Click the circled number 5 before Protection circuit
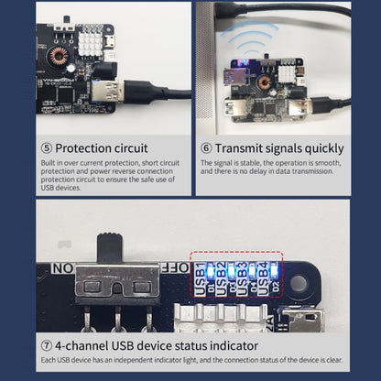pos(47,147)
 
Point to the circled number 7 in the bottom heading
pos(46,345)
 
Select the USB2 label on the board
pos(222,278)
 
